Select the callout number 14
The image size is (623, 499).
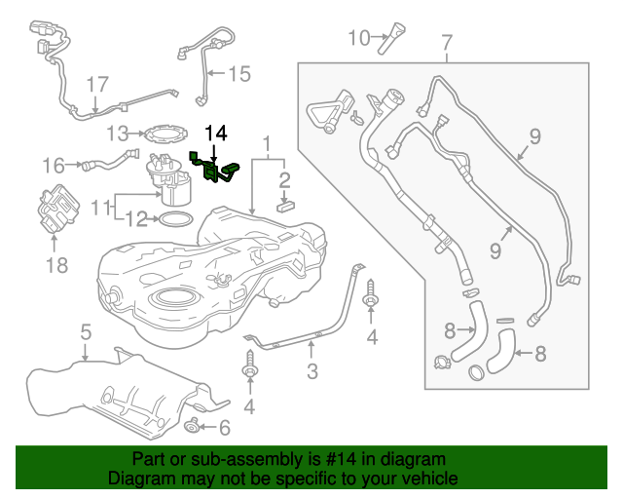[x=215, y=132]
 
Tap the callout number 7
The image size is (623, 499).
[x=447, y=42]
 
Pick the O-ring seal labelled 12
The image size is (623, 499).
[x=173, y=219]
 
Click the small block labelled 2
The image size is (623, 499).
[x=285, y=205]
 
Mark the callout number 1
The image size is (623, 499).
[x=266, y=145]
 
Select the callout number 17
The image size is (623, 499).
[x=94, y=85]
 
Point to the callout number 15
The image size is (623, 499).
[x=238, y=72]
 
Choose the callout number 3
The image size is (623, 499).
[x=312, y=370]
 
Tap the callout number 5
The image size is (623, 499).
[x=86, y=332]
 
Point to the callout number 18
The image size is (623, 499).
[x=55, y=263]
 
